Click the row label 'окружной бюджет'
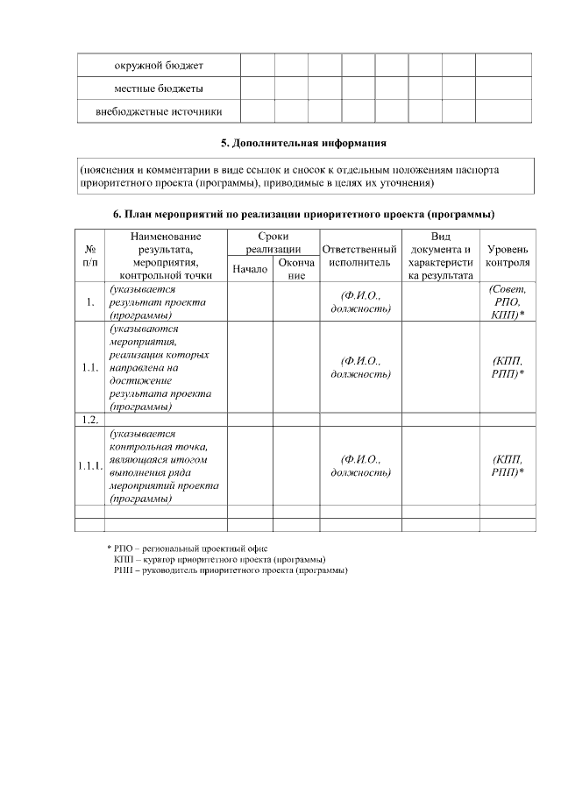pos(159,66)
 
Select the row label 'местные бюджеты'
pos(159,89)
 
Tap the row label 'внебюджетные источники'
pos(159,111)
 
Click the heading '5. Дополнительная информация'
pos(302,142)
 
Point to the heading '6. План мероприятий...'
pos(303,214)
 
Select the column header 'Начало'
pos(250,269)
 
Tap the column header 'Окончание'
pos(296,269)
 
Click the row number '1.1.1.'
pos(90,465)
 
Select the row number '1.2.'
pos(90,420)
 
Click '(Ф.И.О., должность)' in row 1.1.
pos(359,367)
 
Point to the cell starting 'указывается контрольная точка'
pos(164,465)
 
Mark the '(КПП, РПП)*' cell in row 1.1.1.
pos(508,465)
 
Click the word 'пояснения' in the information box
pos(108,169)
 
